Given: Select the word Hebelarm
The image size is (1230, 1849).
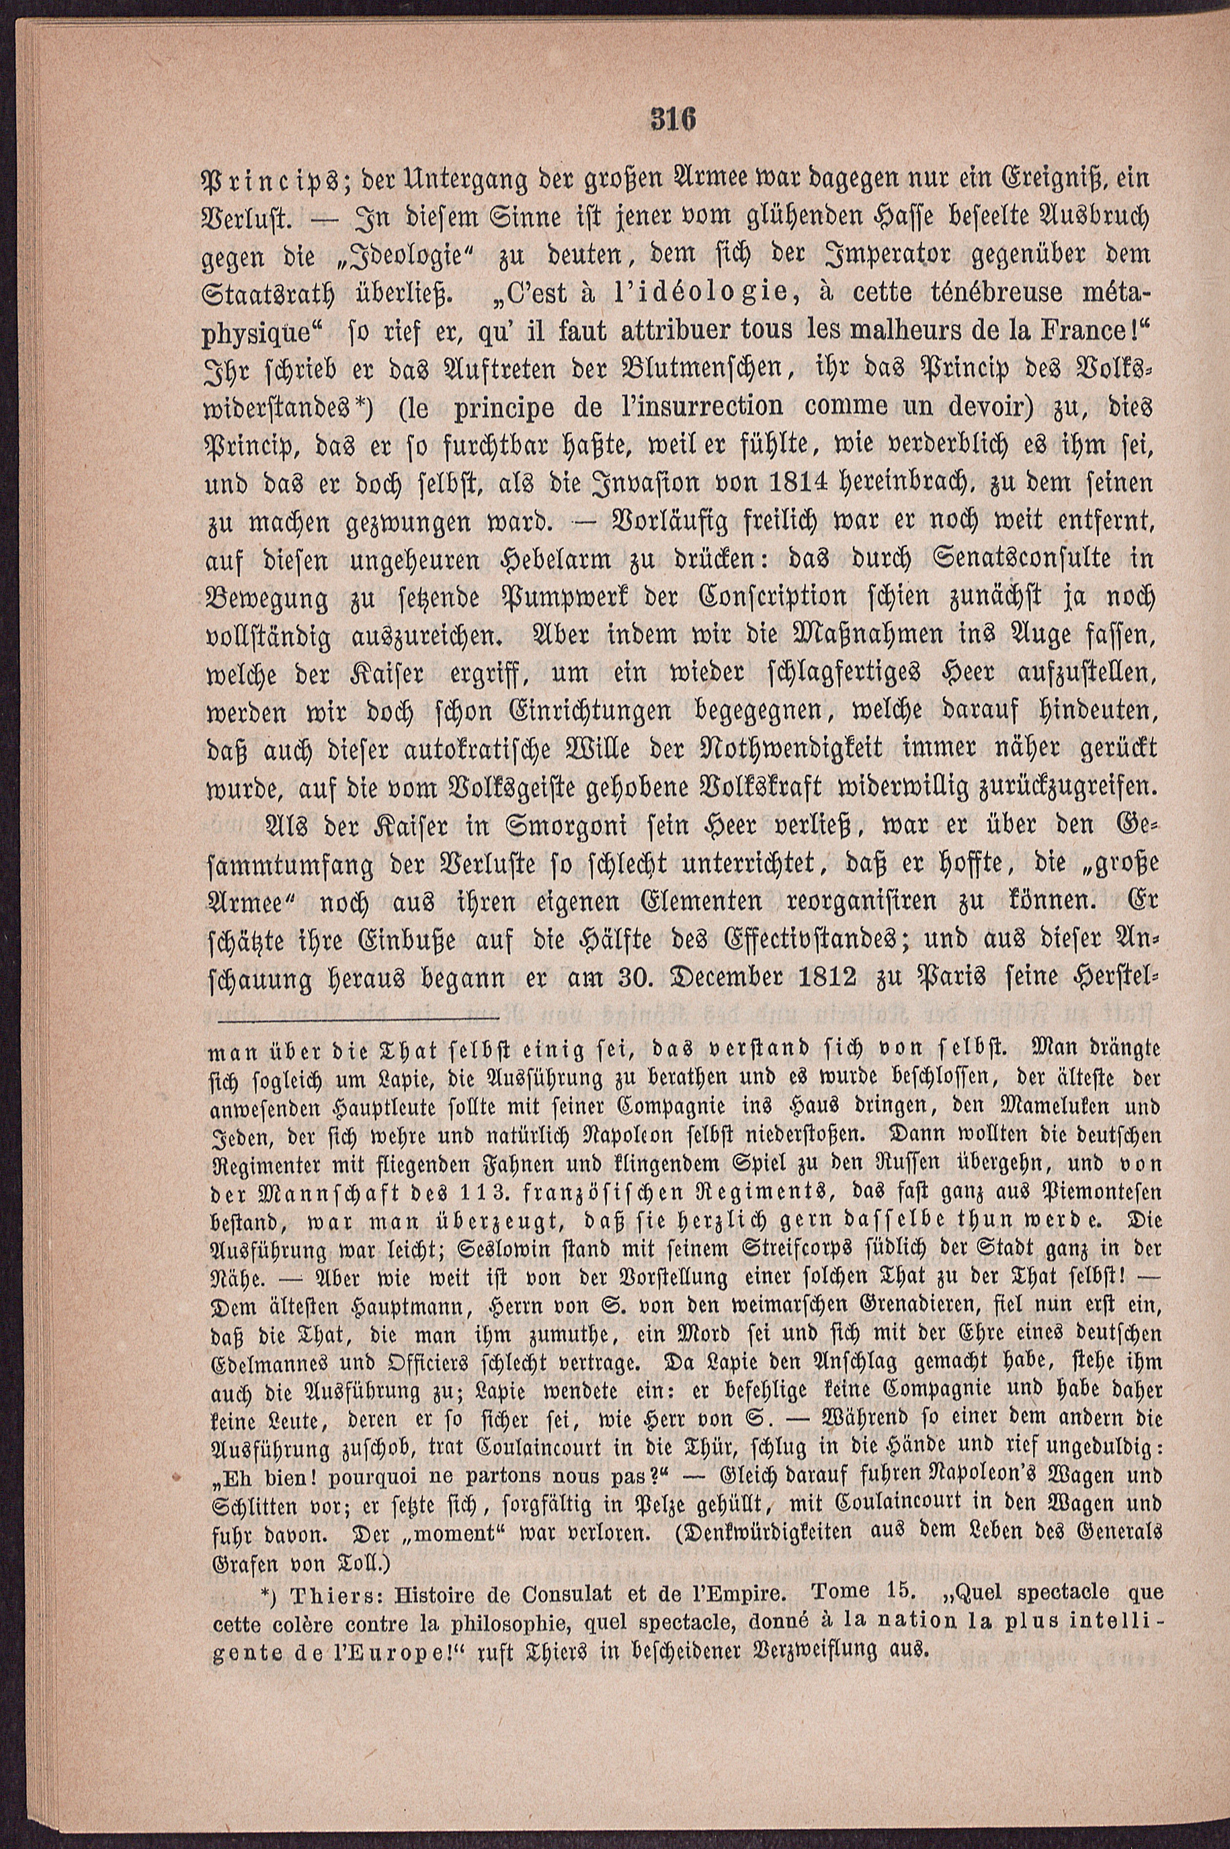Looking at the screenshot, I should click(578, 560).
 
